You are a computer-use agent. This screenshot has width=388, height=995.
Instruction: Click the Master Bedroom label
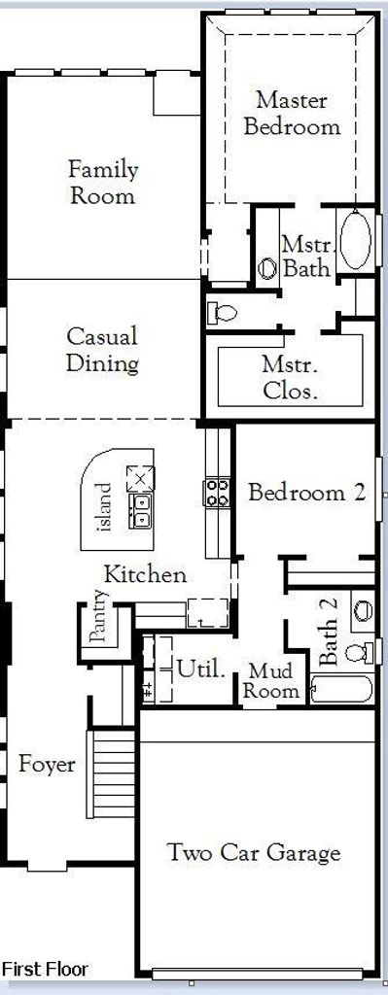point(292,113)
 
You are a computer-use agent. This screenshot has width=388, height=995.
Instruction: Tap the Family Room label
point(102,183)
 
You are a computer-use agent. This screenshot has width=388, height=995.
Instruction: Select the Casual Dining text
point(102,349)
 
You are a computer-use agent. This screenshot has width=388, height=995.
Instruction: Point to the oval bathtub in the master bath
point(355,239)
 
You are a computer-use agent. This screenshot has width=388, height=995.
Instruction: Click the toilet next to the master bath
point(222,312)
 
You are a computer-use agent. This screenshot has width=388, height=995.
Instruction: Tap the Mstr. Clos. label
point(290,378)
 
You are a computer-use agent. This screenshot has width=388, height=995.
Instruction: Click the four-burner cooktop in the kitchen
point(217,493)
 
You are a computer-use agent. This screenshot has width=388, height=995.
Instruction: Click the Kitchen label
point(146,574)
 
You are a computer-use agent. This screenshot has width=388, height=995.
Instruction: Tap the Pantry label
point(98,616)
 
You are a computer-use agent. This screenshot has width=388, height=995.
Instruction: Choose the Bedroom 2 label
point(307,493)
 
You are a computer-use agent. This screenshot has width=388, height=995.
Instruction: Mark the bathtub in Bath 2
point(341,689)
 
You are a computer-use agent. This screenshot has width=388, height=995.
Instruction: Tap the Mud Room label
point(271,681)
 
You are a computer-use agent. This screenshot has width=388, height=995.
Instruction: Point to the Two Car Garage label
point(254,853)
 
